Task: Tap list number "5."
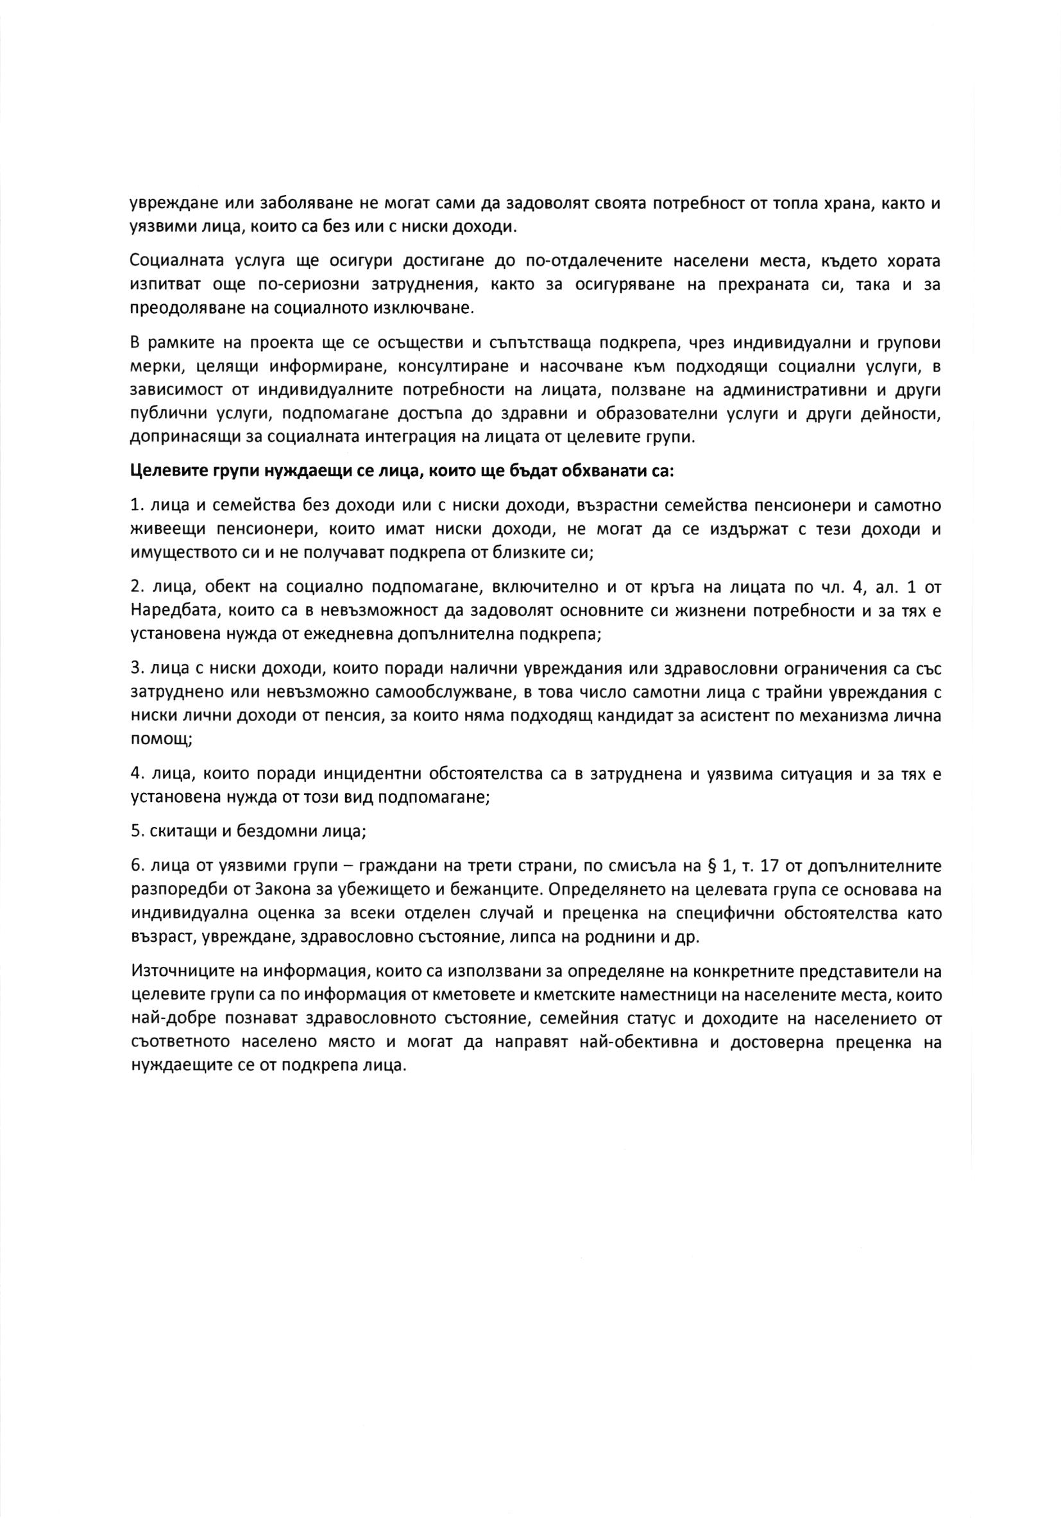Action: [x=137, y=831]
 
